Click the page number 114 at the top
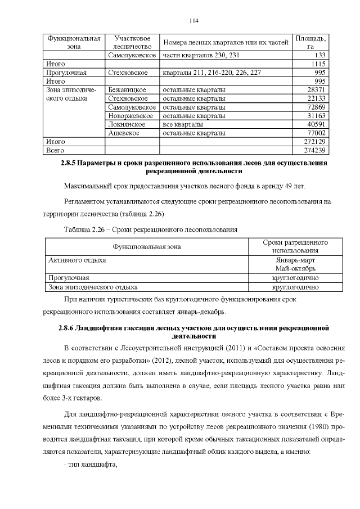[x=194, y=21]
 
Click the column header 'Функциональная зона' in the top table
[x=74, y=43]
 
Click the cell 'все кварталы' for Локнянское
[x=183, y=124]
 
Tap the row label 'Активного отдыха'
[x=77, y=260]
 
